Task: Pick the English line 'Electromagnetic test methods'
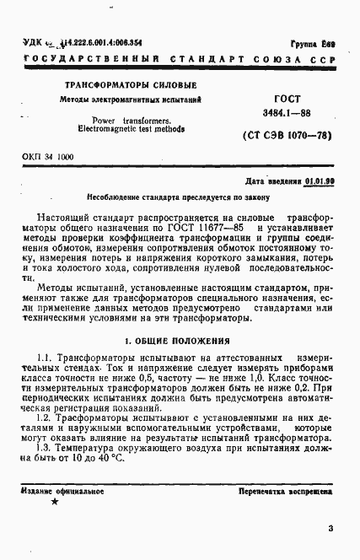pos(130,131)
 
